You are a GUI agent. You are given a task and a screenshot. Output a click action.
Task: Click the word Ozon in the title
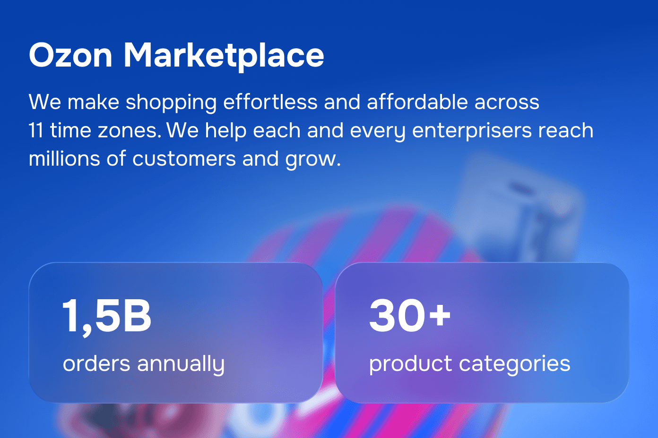tap(70, 55)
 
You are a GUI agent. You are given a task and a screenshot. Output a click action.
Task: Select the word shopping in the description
tap(171, 103)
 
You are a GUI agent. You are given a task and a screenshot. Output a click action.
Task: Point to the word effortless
tap(270, 101)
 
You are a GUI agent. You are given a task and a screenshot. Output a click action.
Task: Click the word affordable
tap(417, 101)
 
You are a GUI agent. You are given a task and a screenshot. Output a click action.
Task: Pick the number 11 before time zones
tap(36, 130)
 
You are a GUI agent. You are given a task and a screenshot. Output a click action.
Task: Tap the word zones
tap(130, 131)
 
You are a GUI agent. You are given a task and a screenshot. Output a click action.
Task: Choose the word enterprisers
tap(472, 131)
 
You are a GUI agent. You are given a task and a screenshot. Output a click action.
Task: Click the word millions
tap(64, 159)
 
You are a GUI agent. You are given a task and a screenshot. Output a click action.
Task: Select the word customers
tap(184, 160)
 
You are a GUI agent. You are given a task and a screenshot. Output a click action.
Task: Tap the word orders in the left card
tap(96, 363)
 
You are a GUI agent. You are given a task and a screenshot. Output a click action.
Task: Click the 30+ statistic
tap(410, 315)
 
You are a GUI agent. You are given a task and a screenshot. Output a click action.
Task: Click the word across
tap(507, 102)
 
